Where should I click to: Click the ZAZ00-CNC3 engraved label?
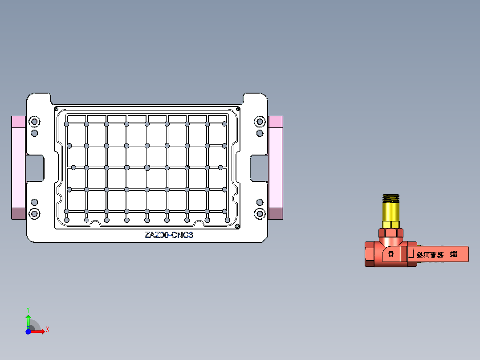169,235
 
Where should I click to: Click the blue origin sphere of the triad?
28,331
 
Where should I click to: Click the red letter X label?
47,330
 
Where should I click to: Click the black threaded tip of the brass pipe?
391,198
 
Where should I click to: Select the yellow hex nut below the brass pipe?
391,224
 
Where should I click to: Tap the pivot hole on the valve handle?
391,254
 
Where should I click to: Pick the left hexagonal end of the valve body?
370,254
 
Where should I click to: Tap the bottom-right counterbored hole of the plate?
260,214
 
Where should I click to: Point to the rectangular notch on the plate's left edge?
36,168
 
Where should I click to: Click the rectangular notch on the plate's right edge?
258,168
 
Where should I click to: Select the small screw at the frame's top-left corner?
57,109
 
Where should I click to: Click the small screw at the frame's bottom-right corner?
238,226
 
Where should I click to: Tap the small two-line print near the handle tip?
453,253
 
